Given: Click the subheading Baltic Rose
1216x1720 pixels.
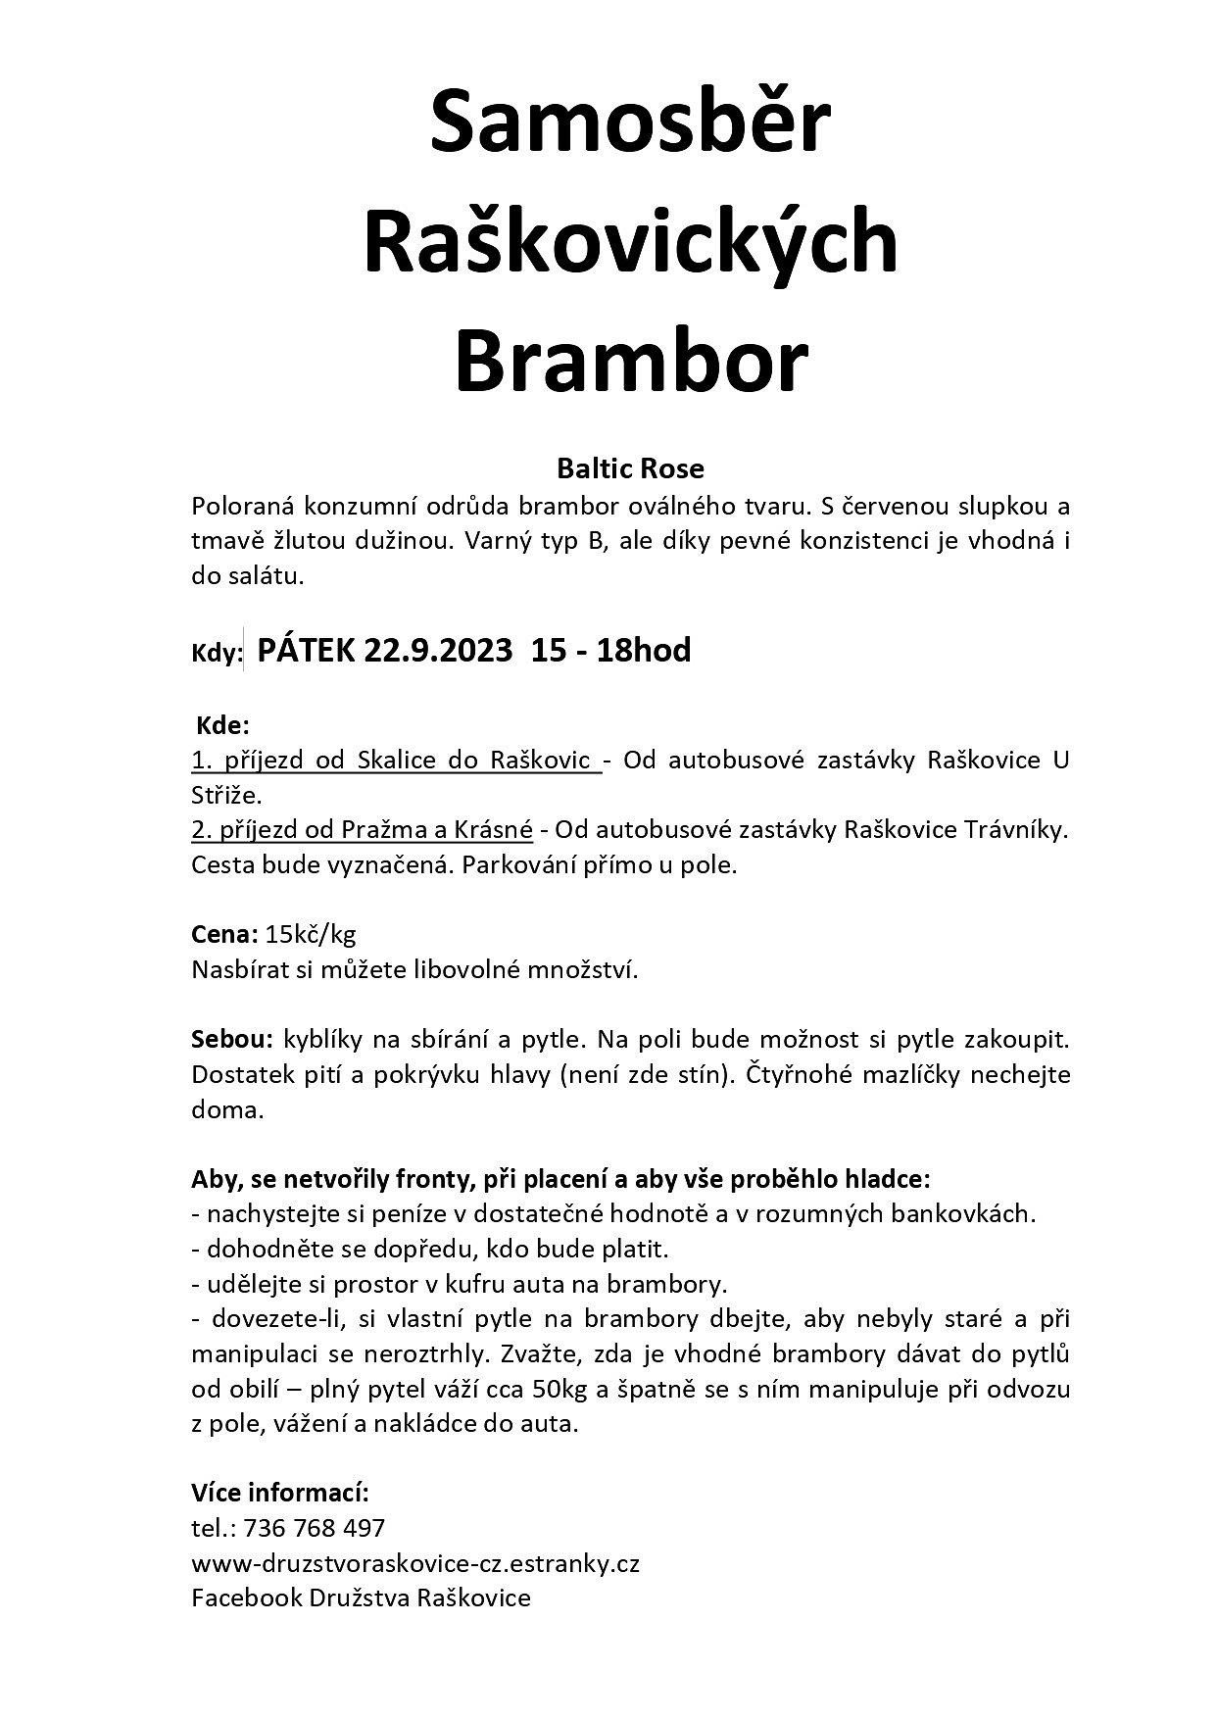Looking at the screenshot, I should pos(630,468).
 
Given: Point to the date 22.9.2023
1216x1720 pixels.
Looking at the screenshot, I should pos(438,650).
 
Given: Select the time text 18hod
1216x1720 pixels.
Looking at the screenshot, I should pos(645,650).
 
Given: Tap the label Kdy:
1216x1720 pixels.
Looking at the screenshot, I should pos(216,654).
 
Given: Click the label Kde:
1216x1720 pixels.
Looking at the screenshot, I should pos(224,726).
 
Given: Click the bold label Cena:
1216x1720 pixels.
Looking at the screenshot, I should pos(224,934).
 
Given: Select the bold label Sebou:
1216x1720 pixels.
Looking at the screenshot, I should pos(233,1038).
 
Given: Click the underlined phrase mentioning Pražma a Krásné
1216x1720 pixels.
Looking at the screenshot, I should pos(363,830).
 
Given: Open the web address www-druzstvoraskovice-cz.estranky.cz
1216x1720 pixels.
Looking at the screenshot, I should pos(415,1563).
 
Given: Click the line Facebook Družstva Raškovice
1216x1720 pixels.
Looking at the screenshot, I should pos(361,1598).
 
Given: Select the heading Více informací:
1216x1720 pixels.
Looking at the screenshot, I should pos(280,1493).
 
